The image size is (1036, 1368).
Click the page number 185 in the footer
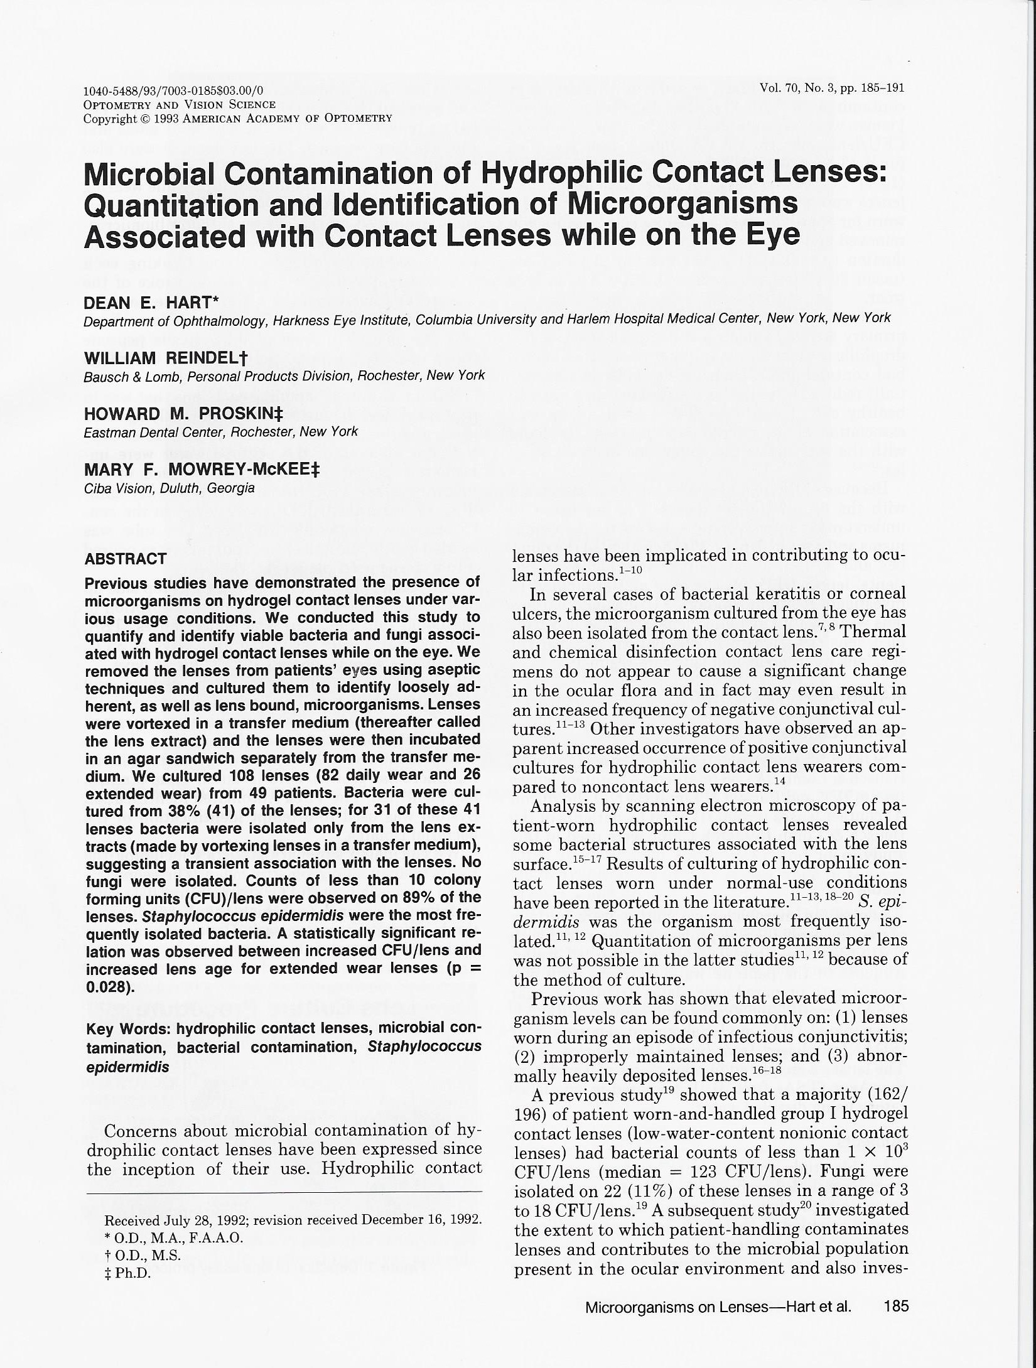click(x=895, y=1306)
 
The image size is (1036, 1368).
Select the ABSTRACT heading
click(x=126, y=559)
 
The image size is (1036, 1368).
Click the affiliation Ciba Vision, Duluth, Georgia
click(x=169, y=488)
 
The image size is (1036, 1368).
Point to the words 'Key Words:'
click(x=128, y=1029)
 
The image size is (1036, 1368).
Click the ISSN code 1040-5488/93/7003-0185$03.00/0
click(x=173, y=91)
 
